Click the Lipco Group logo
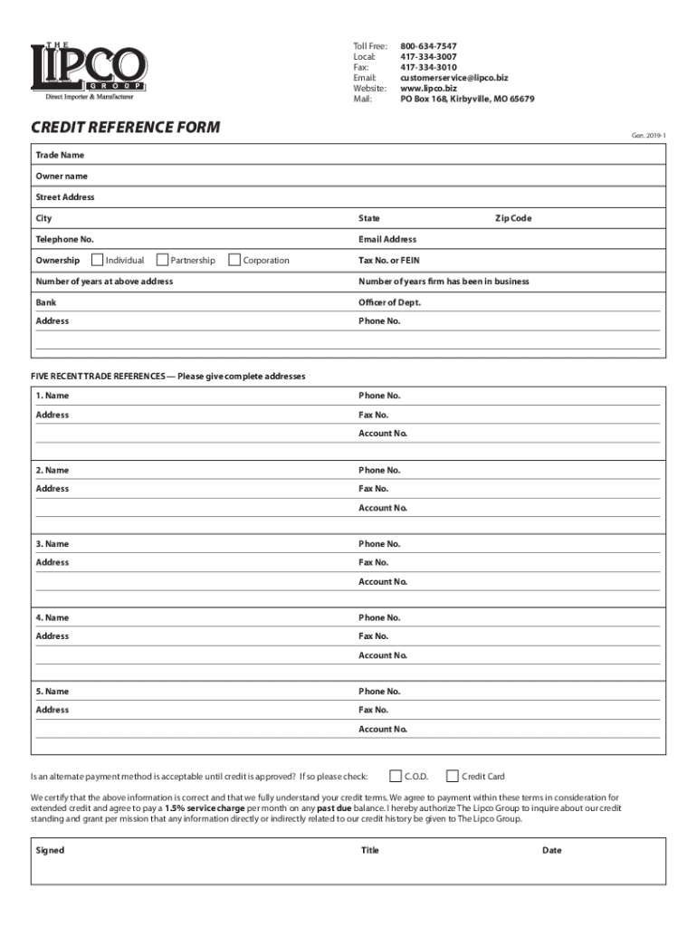tap(89, 70)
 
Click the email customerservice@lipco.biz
tap(454, 78)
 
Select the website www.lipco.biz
tap(428, 89)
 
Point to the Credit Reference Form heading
tap(125, 128)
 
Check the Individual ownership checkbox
tap(98, 261)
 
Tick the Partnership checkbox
tap(163, 261)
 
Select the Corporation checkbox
tap(235, 261)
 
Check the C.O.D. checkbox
tap(396, 776)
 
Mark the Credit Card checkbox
tap(454, 776)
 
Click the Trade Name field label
tap(60, 156)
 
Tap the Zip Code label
tap(512, 218)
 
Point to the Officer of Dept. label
tap(389, 302)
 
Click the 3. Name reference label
tap(53, 544)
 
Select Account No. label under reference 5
tap(383, 729)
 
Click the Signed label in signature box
tap(50, 851)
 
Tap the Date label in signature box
tap(552, 851)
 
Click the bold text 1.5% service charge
tap(205, 808)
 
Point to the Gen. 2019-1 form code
tap(649, 137)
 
